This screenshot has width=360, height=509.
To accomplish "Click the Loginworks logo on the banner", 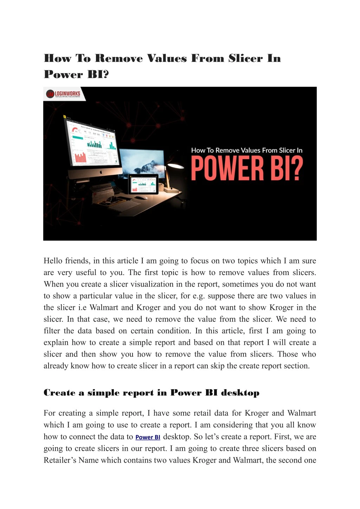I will coord(63,94).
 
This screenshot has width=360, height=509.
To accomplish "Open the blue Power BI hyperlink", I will coord(148,437).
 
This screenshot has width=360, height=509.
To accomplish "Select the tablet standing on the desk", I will coord(143,184).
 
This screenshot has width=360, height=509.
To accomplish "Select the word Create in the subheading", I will coord(59,393).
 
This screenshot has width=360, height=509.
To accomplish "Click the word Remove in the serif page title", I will coord(119,58).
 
